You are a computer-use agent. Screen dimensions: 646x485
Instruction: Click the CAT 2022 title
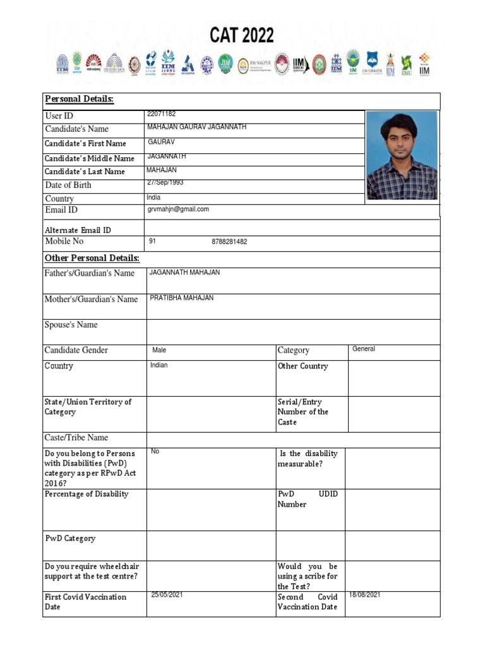pyautogui.click(x=242, y=35)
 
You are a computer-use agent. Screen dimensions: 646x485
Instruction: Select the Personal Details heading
pyautogui.click(x=79, y=100)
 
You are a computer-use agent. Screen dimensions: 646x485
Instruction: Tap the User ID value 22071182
pyautogui.click(x=161, y=114)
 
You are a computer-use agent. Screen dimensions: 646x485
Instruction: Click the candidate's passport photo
pyautogui.click(x=401, y=155)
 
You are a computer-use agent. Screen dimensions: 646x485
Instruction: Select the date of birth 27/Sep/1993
pyautogui.click(x=165, y=182)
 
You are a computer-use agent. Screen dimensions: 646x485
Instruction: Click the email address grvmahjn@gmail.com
pyautogui.click(x=177, y=209)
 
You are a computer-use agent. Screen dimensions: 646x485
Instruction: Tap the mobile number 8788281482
pyautogui.click(x=229, y=242)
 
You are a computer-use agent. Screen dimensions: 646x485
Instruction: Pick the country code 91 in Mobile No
pyautogui.click(x=152, y=242)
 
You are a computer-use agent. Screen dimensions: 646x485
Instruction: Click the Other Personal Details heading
pyautogui.click(x=92, y=259)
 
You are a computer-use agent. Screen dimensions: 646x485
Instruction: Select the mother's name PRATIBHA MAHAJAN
pyautogui.click(x=182, y=298)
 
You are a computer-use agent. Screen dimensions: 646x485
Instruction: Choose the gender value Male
pyautogui.click(x=159, y=350)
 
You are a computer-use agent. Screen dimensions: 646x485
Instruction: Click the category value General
pyautogui.click(x=364, y=349)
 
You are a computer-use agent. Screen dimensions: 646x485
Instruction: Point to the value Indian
pyautogui.click(x=159, y=365)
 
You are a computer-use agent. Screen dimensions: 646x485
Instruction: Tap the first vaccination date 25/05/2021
pyautogui.click(x=167, y=594)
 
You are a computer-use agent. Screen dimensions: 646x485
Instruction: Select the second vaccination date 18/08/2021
pyautogui.click(x=364, y=594)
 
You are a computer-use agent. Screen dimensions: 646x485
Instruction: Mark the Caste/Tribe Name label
pyautogui.click(x=76, y=438)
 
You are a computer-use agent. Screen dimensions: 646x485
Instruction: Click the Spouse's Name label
pyautogui.click(x=71, y=325)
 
